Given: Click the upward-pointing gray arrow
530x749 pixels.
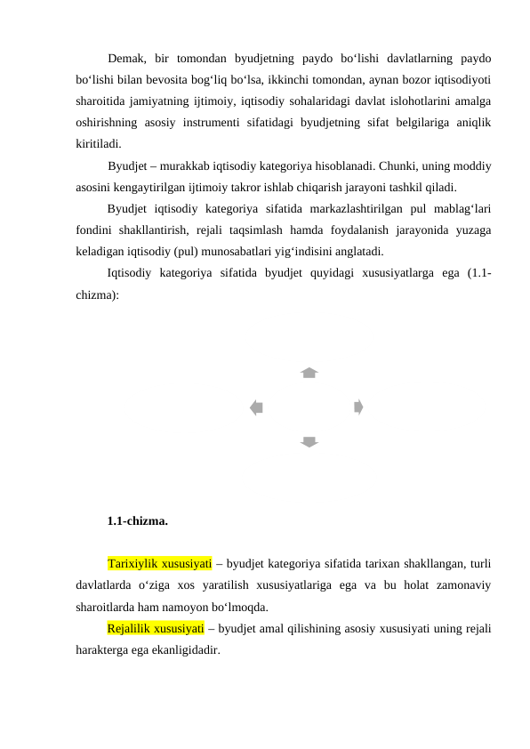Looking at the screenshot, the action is coord(309,373).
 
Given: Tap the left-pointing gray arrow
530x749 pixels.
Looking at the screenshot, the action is coord(256,407).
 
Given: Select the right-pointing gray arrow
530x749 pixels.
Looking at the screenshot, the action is coord(357,407).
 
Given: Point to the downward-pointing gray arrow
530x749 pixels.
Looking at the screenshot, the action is coord(309,442).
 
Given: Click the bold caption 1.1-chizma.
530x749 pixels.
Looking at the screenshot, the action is coord(138,520).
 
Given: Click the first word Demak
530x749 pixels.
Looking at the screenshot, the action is coord(126,59).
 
